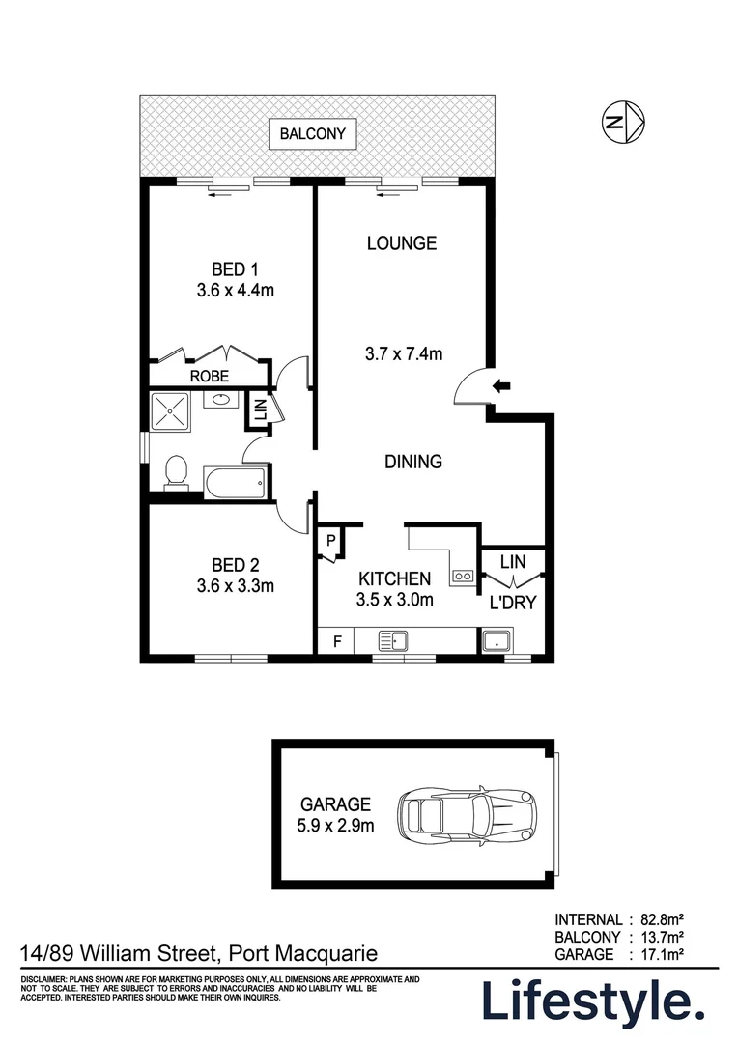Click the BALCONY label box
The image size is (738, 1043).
312,134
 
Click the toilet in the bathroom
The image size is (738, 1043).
177,473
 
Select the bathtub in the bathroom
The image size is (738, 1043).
235,482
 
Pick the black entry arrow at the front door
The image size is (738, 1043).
503,386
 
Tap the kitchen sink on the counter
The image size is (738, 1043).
393,639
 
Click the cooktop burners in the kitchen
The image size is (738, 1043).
462,577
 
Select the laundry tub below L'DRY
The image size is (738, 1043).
497,640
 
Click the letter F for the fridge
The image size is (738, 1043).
336,640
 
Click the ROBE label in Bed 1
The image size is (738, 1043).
209,376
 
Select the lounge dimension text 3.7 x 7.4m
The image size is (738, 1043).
404,354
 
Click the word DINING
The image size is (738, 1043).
413,462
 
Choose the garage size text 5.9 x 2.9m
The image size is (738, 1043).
335,826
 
